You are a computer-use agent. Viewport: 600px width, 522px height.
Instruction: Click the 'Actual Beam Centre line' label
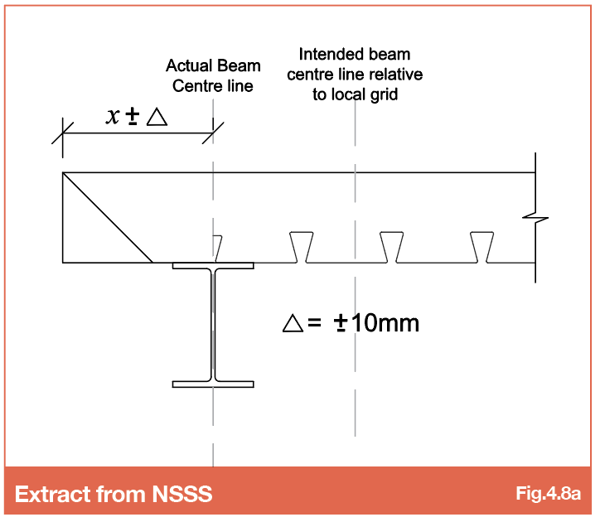213,75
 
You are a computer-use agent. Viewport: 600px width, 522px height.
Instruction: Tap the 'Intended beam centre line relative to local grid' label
355,75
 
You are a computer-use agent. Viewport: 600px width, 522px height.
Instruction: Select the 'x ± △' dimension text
137,116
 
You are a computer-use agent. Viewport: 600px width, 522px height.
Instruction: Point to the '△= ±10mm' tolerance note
351,323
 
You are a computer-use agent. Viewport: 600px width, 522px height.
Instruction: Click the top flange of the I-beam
213,266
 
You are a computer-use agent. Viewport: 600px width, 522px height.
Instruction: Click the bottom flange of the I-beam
213,384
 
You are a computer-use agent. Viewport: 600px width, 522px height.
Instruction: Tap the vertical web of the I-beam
213,325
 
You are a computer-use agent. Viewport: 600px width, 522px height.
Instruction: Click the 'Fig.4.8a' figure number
548,493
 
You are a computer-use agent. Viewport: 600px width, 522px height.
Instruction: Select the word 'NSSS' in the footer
182,494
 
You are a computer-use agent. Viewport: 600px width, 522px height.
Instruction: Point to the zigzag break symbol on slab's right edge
535,218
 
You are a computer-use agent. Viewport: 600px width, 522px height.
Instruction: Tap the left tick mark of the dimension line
62,133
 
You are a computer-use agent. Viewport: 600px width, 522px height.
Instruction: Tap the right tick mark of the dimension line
213,133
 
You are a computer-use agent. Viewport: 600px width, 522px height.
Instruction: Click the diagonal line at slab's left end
108,218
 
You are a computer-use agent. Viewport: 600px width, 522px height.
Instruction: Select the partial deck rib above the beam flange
217,249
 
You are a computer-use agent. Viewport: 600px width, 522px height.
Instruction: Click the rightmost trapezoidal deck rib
481,247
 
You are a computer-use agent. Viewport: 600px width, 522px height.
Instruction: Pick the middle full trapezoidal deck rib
391,247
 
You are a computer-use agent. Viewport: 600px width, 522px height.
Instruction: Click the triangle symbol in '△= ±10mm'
293,323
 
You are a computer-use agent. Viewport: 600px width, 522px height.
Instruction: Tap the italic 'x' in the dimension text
113,116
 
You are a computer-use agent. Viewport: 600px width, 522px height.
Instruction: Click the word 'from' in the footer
121,494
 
